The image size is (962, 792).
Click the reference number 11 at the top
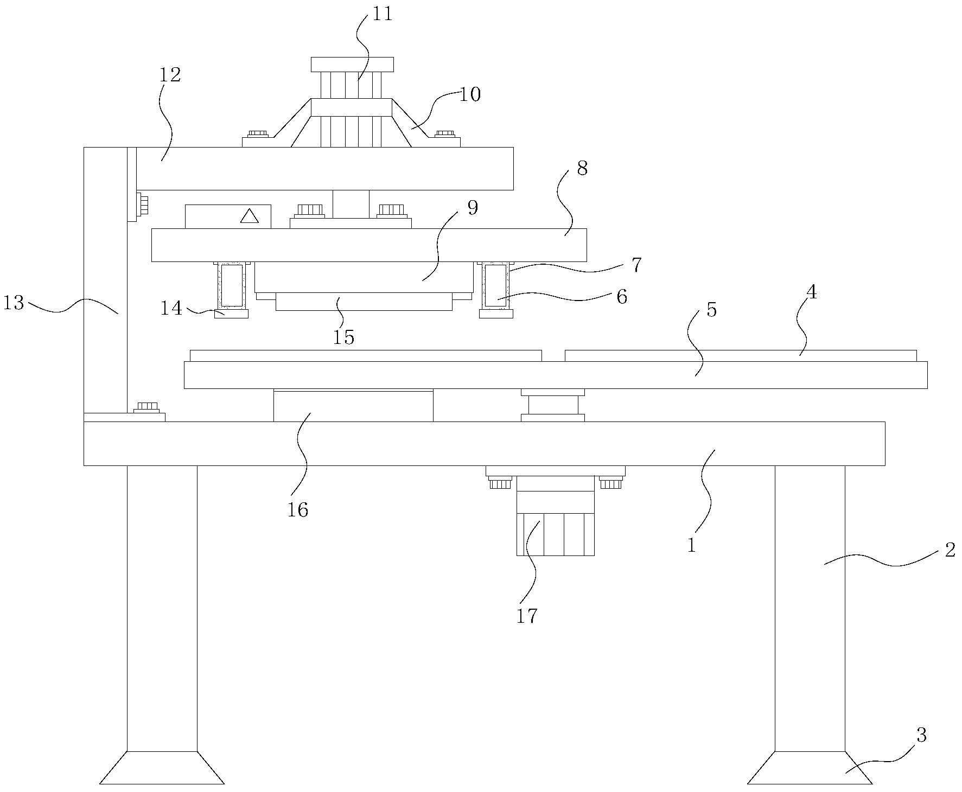coord(382,14)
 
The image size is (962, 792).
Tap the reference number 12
coord(170,75)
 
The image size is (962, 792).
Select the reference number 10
coord(470,95)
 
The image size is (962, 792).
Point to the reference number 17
coord(526,616)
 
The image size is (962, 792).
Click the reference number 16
coord(298,510)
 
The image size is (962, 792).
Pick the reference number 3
coord(921,736)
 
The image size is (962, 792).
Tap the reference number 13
coord(14,303)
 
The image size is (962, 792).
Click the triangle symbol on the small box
coord(249,216)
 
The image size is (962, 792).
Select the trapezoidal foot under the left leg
coord(162,768)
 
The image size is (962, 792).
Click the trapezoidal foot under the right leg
coord(810,768)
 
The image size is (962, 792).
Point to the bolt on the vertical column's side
coord(142,205)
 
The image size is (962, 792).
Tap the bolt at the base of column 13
coord(147,407)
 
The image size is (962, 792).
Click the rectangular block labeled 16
coord(353,405)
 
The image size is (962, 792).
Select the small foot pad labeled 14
coord(231,314)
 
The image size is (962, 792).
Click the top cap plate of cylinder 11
coord(352,65)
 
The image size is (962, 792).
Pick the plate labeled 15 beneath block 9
coord(364,302)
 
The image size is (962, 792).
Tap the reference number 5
coord(712,310)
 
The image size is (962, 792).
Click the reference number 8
coord(582,169)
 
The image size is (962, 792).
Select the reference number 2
coord(950,551)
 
